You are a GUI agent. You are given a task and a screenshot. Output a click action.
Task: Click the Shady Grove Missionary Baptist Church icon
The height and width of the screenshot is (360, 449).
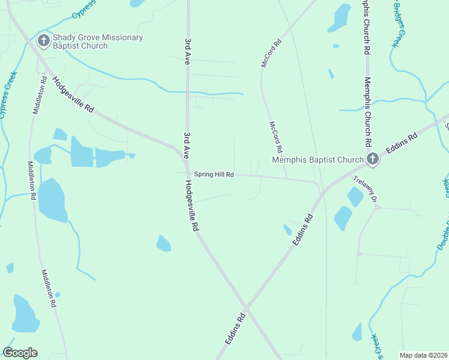tap(43, 41)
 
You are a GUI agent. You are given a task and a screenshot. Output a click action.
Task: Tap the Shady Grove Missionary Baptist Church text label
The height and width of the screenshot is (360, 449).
tap(98, 41)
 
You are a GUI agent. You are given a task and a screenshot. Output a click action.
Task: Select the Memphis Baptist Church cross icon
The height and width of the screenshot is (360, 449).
tap(372, 159)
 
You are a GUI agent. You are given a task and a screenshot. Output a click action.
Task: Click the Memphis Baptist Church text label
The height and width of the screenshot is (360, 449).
tap(318, 160)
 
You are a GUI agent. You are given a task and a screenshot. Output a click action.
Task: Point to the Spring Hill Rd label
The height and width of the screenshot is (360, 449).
tap(213, 175)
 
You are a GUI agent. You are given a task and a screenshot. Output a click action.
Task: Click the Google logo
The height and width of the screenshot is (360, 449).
tap(20, 353)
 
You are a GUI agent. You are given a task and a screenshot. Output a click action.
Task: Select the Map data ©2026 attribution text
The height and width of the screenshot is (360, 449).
tap(424, 355)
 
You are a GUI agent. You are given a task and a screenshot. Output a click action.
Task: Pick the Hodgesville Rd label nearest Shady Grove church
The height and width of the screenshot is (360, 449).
tap(73, 95)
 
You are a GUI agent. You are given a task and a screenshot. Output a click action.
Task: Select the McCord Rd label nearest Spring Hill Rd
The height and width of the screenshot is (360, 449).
tap(276, 137)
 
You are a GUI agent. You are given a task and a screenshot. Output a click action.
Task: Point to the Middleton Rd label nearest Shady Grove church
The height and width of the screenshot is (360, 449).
tap(40, 95)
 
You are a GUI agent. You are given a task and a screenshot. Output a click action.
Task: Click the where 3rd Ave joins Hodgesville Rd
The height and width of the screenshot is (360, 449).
tap(184, 155)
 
